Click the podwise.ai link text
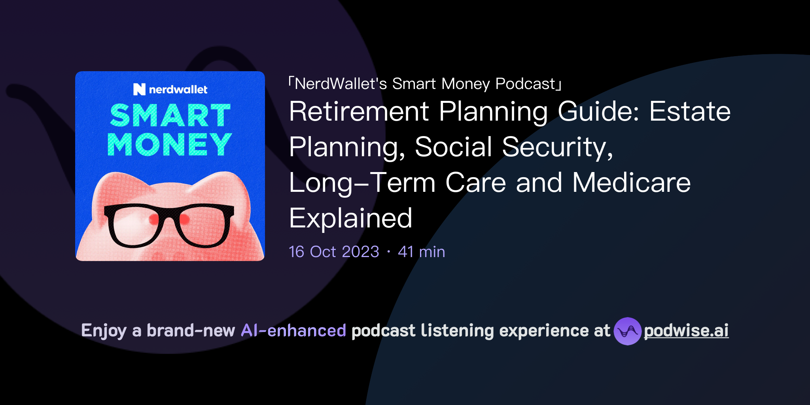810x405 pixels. [686, 331]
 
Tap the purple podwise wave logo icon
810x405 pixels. [627, 331]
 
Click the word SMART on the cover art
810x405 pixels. [170, 115]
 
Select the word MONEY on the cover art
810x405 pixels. [170, 144]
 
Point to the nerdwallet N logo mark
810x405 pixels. [139, 89]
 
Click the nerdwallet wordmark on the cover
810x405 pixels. [178, 90]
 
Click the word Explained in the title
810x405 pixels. [351, 218]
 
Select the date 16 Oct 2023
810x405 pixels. [334, 252]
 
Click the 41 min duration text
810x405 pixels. [422, 252]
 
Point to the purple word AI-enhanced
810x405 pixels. [293, 330]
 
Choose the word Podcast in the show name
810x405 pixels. [525, 84]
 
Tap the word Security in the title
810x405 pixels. [557, 147]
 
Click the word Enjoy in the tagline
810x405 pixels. [104, 331]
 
